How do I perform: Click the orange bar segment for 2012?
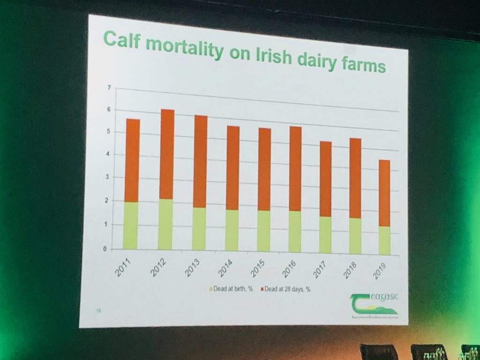[165, 154]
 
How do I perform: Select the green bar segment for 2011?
[131, 225]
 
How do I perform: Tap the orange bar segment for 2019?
[384, 194]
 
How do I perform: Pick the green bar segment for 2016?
[295, 232]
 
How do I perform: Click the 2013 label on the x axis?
[193, 269]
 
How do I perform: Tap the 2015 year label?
[257, 270]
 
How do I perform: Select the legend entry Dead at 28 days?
[285, 289]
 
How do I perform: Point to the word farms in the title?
[364, 66]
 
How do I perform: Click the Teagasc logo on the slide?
[373, 304]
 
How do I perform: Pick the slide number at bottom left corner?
[98, 309]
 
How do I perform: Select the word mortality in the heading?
[182, 48]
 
